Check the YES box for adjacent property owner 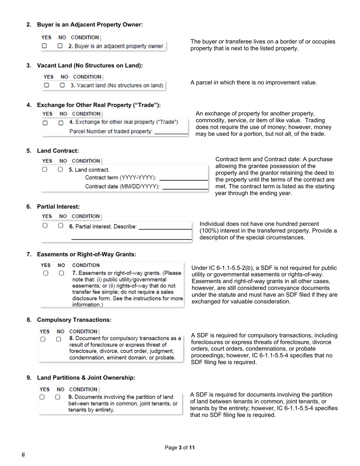point(45,46)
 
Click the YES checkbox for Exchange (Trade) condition point(45,123)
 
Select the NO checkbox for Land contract point(61,170)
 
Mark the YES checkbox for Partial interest point(45,225)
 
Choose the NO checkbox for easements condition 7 point(61,273)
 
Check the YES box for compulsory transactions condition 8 point(43,339)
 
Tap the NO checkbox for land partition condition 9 point(58,397)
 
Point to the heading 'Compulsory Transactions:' point(74,320)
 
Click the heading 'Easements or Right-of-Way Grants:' point(86,254)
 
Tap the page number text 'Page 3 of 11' point(180,448)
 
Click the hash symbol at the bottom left point(23,455)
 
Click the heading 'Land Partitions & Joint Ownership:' point(86,378)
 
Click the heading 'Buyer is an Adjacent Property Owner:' point(89,25)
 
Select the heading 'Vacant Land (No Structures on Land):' point(89,66)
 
